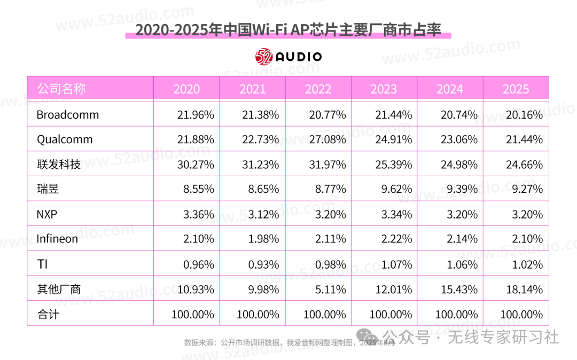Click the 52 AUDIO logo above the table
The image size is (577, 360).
[x=288, y=57]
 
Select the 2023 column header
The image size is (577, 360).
[x=384, y=89]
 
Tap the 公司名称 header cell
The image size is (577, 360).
[x=61, y=89]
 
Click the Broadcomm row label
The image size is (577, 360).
[x=68, y=115]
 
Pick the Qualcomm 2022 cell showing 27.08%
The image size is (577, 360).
[x=328, y=139]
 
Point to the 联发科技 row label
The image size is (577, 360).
[x=59, y=164]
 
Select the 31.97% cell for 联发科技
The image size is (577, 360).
[x=328, y=165]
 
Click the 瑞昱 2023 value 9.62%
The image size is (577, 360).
[x=396, y=189]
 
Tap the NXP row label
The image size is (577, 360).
[x=46, y=214]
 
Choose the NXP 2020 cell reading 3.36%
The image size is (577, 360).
[x=199, y=214]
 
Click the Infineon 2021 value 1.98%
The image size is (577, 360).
[x=263, y=239]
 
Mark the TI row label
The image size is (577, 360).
[x=42, y=264]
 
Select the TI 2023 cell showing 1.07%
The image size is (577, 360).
[x=396, y=264]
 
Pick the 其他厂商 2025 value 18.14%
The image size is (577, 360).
[x=525, y=289]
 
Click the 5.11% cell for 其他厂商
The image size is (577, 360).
[x=331, y=289]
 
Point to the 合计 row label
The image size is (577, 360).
[x=48, y=315]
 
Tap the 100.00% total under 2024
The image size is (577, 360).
[x=456, y=315]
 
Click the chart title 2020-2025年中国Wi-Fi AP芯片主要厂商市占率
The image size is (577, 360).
[x=288, y=30]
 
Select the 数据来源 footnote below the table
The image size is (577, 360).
[x=289, y=343]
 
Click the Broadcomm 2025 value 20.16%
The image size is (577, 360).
[x=525, y=115]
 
